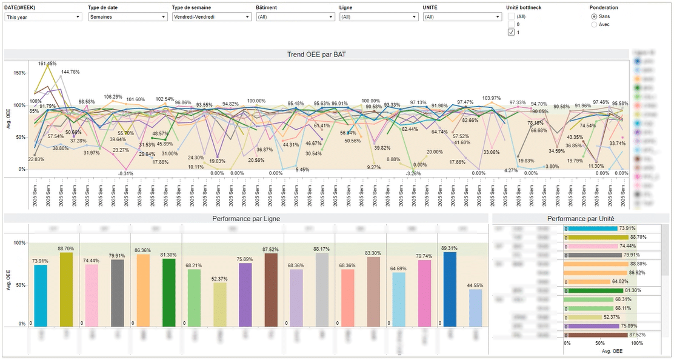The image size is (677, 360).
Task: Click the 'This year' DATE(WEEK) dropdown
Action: pyautogui.click(x=42, y=17)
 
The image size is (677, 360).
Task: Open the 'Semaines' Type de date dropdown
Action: pyautogui.click(x=127, y=17)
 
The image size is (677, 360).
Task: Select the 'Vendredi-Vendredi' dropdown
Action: pyautogui.click(x=211, y=17)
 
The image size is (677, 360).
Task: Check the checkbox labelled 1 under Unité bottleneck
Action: pyautogui.click(x=511, y=32)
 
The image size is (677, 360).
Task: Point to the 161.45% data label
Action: pyautogui.click(x=47, y=64)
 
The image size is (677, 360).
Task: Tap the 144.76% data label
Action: pyautogui.click(x=70, y=72)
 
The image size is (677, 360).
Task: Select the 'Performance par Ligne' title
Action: pyautogui.click(x=246, y=218)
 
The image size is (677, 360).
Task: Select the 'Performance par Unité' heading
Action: pyautogui.click(x=581, y=218)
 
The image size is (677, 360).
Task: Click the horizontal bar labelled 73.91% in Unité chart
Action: pyautogui.click(x=590, y=228)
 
